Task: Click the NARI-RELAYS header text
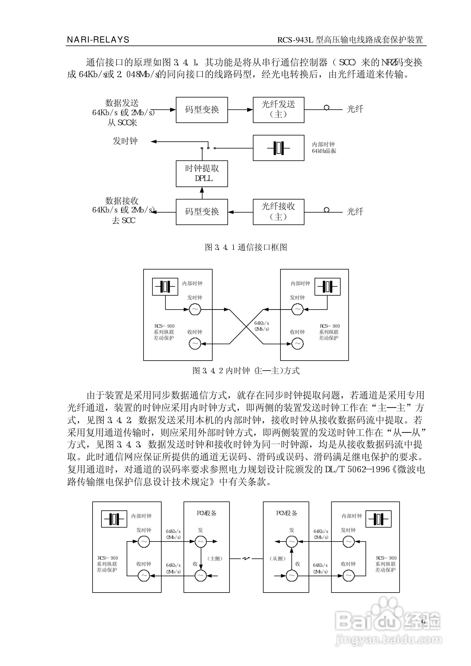(x=98, y=40)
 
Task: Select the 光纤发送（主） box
(x=278, y=110)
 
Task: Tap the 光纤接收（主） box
(x=278, y=212)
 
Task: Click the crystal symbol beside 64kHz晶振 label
(x=278, y=148)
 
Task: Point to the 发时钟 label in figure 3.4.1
(x=125, y=141)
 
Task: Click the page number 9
(x=423, y=622)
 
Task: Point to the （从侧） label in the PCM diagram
(x=278, y=559)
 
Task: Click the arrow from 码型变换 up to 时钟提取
(x=202, y=193)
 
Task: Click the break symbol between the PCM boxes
(x=246, y=559)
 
